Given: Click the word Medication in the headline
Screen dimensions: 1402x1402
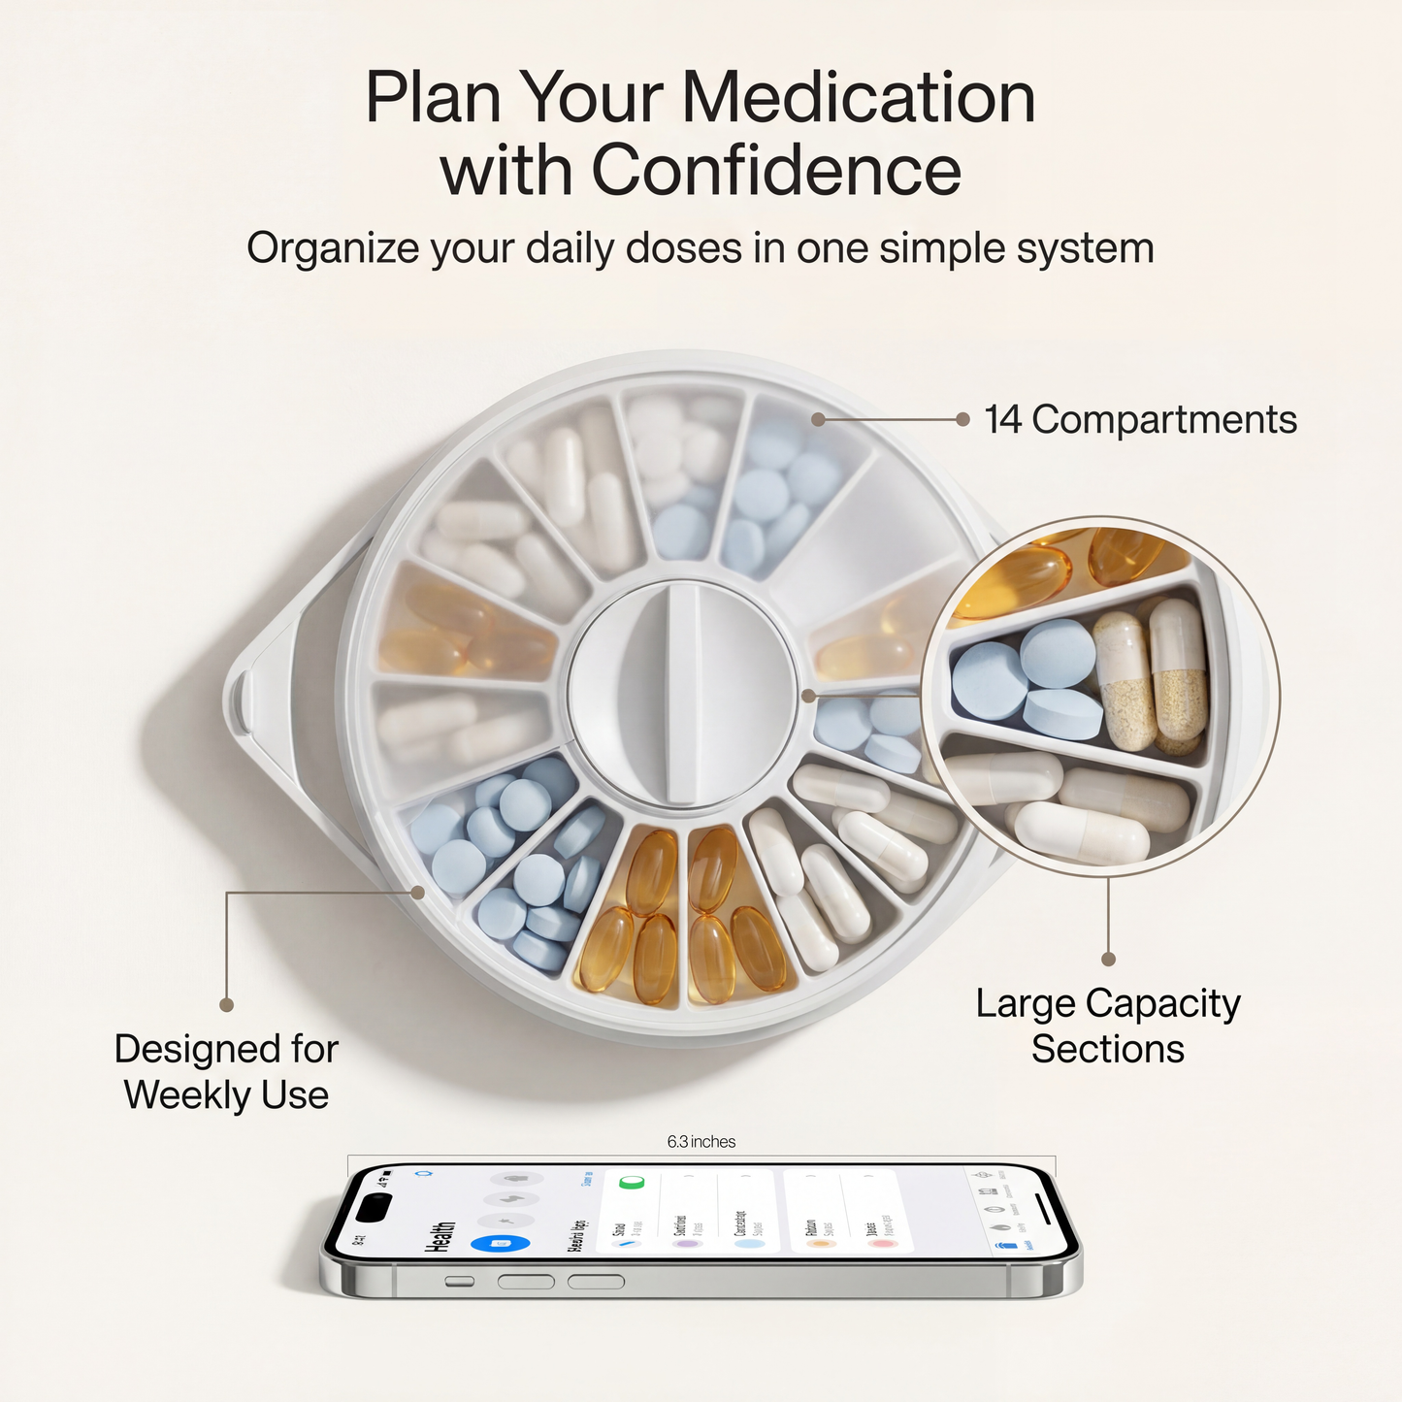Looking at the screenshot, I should tap(859, 98).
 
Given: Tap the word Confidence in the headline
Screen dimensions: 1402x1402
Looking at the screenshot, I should tap(776, 171).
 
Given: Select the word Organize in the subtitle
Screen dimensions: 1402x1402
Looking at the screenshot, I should tap(332, 249).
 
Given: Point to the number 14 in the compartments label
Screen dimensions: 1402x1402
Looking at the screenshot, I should tap(1003, 420).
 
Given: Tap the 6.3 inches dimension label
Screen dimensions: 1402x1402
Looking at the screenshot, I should tap(701, 1142).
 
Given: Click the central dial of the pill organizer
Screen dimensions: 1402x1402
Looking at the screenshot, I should tap(682, 693).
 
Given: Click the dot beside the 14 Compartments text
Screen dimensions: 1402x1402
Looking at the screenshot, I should tap(962, 419).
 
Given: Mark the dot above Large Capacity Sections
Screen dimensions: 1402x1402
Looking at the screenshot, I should tap(1108, 959).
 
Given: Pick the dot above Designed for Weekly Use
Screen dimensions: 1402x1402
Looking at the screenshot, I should tap(226, 1005).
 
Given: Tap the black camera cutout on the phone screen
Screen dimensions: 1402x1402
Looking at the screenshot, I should tap(374, 1208).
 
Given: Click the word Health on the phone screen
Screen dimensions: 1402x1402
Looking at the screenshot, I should tap(442, 1237).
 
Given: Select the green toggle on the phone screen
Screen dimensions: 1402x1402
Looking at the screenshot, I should tap(632, 1183).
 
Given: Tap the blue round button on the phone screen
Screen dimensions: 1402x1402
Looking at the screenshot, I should tap(501, 1244).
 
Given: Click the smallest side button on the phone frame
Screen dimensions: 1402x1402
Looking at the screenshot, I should tap(459, 1282).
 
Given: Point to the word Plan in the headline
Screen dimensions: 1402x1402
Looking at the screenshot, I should tap(433, 98).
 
